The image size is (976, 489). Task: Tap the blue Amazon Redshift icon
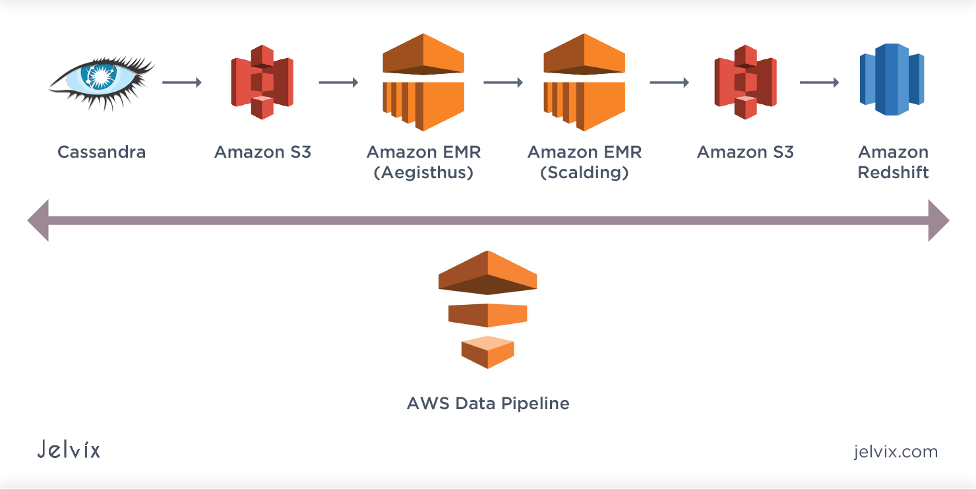892,79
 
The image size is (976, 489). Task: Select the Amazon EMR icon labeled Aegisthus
423,82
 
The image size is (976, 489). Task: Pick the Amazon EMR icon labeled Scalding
584,82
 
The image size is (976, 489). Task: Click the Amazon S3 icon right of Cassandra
262,82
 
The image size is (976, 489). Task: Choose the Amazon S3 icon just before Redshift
745,82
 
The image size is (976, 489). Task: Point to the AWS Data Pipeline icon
487,309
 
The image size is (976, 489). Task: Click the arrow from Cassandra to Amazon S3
181,82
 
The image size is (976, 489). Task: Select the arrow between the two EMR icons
503,82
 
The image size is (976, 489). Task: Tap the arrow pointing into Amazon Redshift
819,82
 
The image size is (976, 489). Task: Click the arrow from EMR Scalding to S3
669,82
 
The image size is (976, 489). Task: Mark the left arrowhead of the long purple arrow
38,220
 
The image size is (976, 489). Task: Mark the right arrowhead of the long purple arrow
938,220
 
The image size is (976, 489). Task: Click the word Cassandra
102,152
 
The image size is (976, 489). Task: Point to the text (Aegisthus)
423,173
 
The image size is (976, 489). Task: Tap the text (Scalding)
584,173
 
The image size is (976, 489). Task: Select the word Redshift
893,173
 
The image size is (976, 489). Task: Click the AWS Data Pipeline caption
488,403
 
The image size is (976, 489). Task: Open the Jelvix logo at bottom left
69,450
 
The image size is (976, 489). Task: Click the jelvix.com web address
895,452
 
